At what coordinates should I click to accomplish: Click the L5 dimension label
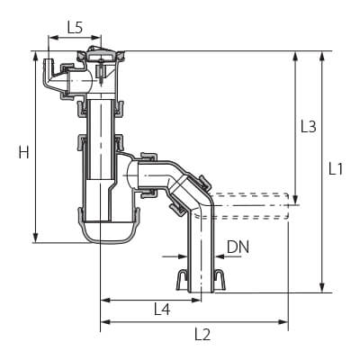click(75, 28)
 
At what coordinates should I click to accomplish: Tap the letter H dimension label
click(24, 152)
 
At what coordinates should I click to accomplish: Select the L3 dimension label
click(309, 127)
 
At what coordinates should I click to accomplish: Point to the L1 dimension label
click(336, 169)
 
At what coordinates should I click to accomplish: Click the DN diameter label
click(238, 247)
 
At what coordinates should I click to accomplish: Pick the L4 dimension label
click(162, 309)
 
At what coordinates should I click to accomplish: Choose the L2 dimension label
click(202, 334)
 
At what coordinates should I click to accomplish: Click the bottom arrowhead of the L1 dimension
click(322, 287)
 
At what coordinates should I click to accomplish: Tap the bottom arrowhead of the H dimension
click(36, 238)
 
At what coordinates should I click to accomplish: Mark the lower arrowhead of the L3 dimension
click(295, 199)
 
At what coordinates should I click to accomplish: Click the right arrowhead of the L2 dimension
click(283, 322)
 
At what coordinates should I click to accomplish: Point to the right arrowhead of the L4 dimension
click(195, 300)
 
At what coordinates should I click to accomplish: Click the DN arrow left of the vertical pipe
click(175, 256)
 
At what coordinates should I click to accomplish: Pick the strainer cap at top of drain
click(101, 55)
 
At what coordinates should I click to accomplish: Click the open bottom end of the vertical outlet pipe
click(201, 291)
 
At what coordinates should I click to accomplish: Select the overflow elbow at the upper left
click(54, 76)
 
